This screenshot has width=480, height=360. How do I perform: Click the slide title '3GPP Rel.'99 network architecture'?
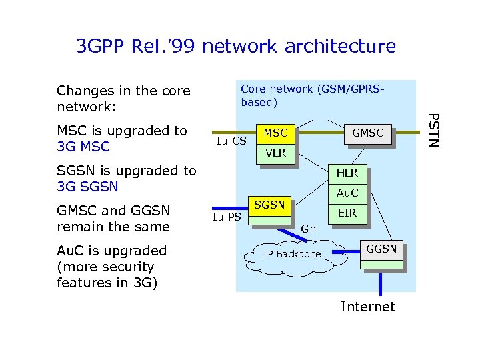(x=236, y=47)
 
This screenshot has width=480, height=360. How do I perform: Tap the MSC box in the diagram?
(x=275, y=133)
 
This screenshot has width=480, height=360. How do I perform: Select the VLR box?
(x=275, y=153)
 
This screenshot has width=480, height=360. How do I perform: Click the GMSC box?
(x=367, y=133)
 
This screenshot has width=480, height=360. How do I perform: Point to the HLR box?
(x=347, y=173)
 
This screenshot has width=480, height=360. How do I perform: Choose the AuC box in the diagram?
(x=347, y=193)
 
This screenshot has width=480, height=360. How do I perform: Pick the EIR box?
(x=347, y=213)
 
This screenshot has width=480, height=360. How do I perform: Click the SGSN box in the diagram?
(x=269, y=205)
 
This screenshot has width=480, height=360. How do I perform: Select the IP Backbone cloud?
(x=292, y=254)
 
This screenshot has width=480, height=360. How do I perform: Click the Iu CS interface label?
(x=231, y=141)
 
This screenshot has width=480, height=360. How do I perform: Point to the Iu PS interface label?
(x=227, y=217)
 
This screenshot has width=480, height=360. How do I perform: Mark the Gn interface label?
(x=308, y=229)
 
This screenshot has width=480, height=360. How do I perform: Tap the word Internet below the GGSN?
(x=367, y=307)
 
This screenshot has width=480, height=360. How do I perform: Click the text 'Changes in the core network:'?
(x=123, y=99)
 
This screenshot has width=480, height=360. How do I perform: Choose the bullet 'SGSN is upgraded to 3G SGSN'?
(x=127, y=179)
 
